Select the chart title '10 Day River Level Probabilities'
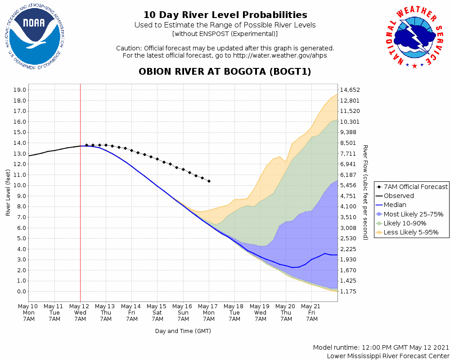click(225, 15)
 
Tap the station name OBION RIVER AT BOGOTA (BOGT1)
click(225, 72)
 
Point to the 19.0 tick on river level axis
click(20, 90)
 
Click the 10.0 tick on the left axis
click(20, 185)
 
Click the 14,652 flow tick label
click(351, 90)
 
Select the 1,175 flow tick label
click(351, 292)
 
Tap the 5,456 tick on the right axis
click(351, 185)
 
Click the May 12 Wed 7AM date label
click(80, 312)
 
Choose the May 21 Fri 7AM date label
click(312, 312)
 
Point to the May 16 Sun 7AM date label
click(183, 312)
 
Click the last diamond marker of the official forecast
click(209, 181)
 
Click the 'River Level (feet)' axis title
click(8, 193)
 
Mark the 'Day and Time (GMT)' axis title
click(183, 331)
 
